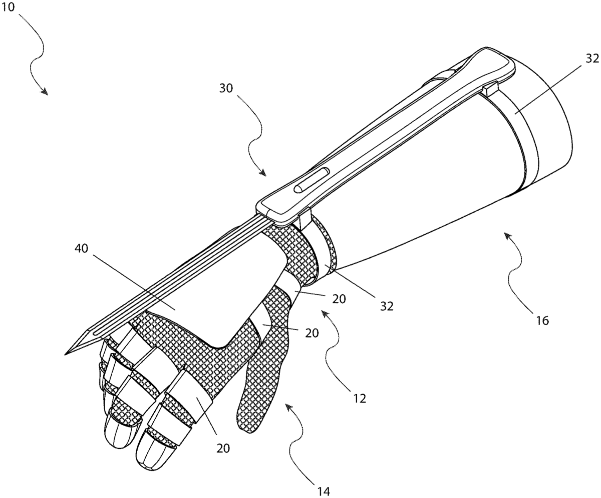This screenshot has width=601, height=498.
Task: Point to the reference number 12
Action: (x=360, y=398)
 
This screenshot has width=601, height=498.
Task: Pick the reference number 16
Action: (x=543, y=320)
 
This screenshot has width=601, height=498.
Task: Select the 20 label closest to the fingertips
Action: (x=223, y=448)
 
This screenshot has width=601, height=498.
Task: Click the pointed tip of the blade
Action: (x=66, y=354)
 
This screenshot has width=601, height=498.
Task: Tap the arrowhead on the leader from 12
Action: (x=324, y=312)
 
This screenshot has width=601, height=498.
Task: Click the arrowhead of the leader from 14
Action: (x=288, y=406)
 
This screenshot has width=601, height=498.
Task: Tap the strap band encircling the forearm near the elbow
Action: (x=516, y=130)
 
